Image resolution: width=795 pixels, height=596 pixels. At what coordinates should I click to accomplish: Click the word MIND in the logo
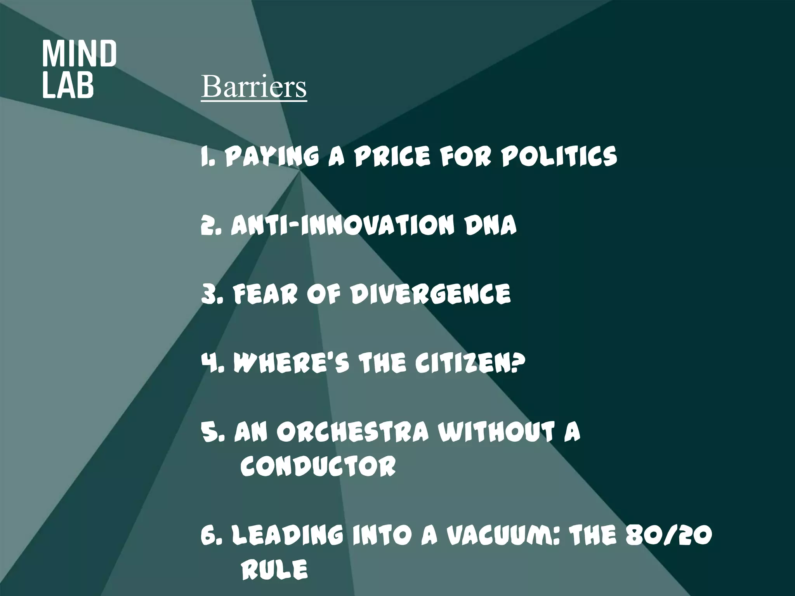(79, 54)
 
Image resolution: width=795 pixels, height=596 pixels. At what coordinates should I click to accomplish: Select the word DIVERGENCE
(430, 294)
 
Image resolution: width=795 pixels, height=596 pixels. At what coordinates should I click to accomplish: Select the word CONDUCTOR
(318, 466)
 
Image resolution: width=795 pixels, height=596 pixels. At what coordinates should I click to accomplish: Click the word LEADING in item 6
(287, 535)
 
